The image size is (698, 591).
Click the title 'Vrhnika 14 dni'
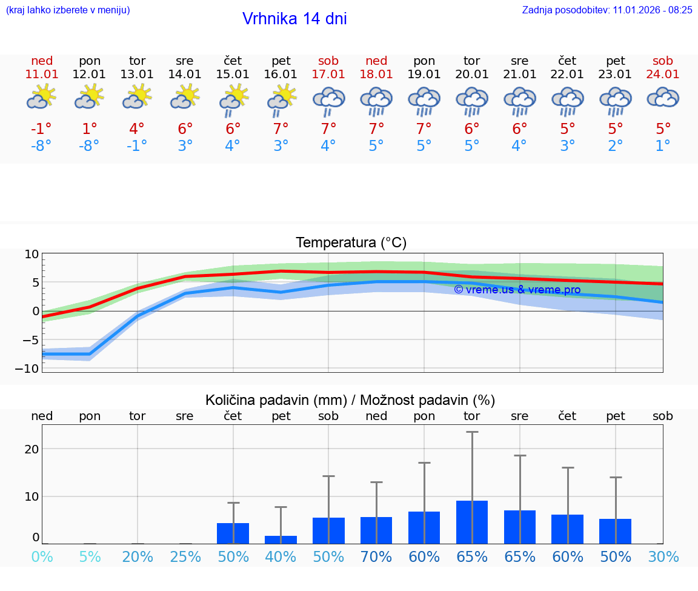point(294,19)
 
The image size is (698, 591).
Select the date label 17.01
point(328,74)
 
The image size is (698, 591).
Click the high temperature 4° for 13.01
point(137,129)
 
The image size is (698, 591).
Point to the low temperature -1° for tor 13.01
point(137,146)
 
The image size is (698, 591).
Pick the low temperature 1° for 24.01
point(663,146)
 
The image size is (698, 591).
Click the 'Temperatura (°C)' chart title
point(351,243)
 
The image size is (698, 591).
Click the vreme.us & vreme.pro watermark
point(517,290)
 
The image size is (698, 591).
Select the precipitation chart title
point(350,400)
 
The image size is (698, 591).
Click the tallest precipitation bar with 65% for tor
point(472,522)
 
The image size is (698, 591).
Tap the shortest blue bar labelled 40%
point(281,539)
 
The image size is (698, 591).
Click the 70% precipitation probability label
point(376,557)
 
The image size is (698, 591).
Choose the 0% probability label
point(42,557)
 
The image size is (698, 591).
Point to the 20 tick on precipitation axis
point(32,449)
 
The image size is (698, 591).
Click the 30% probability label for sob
point(663,557)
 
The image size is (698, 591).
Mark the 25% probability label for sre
point(185,557)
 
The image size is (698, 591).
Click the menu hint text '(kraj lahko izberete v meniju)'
point(67,10)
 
